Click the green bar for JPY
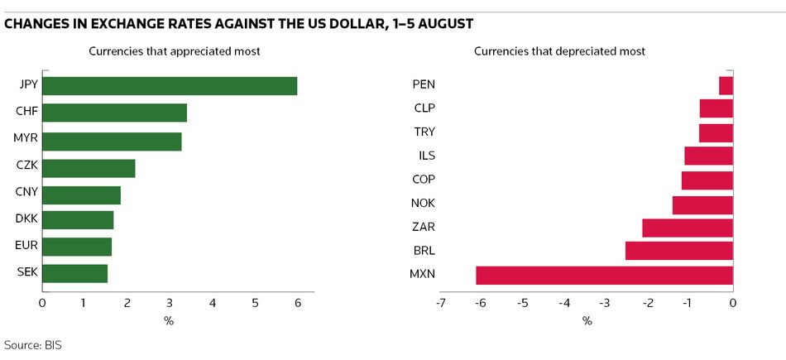(170, 86)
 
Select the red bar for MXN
(604, 275)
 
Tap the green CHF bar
(114, 113)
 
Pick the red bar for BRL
(678, 251)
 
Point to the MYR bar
(112, 141)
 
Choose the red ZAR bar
(687, 228)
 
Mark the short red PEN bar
(726, 85)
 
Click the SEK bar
(74, 273)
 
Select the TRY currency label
(424, 132)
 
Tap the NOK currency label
(423, 204)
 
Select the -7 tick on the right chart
(439, 303)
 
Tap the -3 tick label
(606, 303)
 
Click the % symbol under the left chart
(169, 321)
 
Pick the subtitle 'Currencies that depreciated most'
(559, 51)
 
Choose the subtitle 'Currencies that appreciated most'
(175, 51)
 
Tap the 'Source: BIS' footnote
(33, 344)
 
